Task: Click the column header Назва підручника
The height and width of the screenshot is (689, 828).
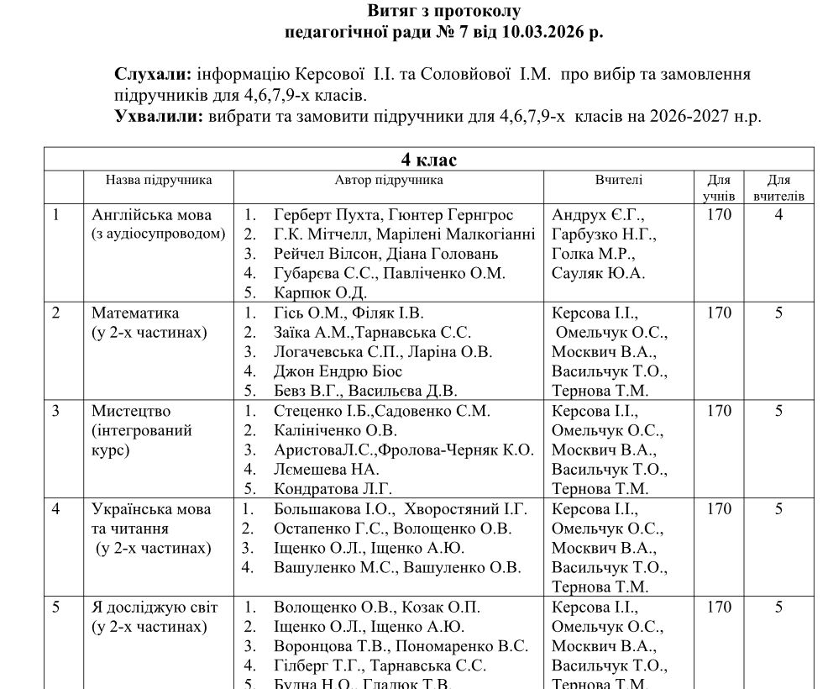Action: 158,180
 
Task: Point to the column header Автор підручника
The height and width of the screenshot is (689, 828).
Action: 389,180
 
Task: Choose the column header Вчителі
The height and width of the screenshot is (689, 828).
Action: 619,180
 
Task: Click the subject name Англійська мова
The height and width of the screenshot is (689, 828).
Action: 152,215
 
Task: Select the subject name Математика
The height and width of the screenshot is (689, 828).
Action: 135,313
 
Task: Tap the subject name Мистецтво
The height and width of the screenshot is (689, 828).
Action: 134,412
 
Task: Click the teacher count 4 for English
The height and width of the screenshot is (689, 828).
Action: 778,215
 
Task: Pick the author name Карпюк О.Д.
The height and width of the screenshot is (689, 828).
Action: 320,293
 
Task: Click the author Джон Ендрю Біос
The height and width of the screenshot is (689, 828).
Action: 338,371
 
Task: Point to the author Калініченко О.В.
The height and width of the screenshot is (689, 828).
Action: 335,431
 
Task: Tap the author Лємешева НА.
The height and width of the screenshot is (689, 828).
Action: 326,470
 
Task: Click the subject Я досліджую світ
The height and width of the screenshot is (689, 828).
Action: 155,607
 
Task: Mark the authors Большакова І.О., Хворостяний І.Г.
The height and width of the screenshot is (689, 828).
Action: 400,509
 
